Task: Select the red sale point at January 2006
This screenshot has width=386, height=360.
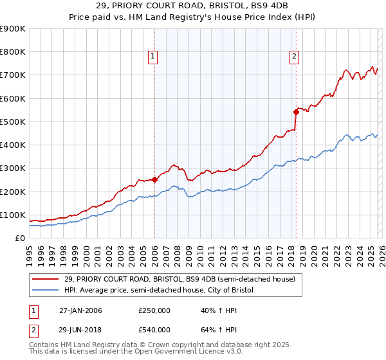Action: click(155, 180)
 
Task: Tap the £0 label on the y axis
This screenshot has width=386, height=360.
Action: click(19, 238)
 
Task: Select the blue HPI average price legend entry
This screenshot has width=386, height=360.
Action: click(160, 291)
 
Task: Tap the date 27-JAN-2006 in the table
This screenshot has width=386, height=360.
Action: click(80, 310)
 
